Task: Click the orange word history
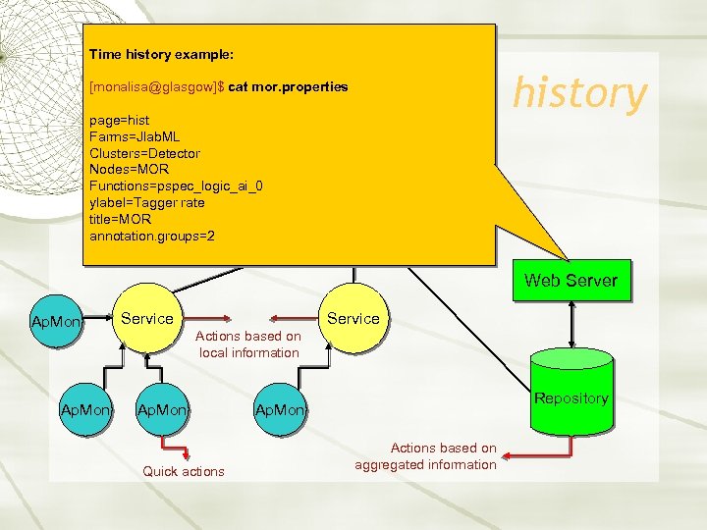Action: click(580, 93)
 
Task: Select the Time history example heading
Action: click(160, 54)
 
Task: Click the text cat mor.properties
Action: click(288, 86)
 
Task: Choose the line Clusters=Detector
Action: click(144, 153)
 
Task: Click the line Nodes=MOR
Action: click(128, 170)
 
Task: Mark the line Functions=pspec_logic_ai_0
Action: click(176, 186)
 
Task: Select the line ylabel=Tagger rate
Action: click(147, 203)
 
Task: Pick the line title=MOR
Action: click(121, 220)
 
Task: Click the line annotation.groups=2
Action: click(152, 237)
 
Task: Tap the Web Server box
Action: click(571, 281)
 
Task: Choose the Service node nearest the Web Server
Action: click(353, 319)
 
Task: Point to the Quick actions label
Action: click(184, 471)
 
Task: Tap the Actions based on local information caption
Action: click(249, 344)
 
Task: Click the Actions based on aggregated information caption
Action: click(425, 456)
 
